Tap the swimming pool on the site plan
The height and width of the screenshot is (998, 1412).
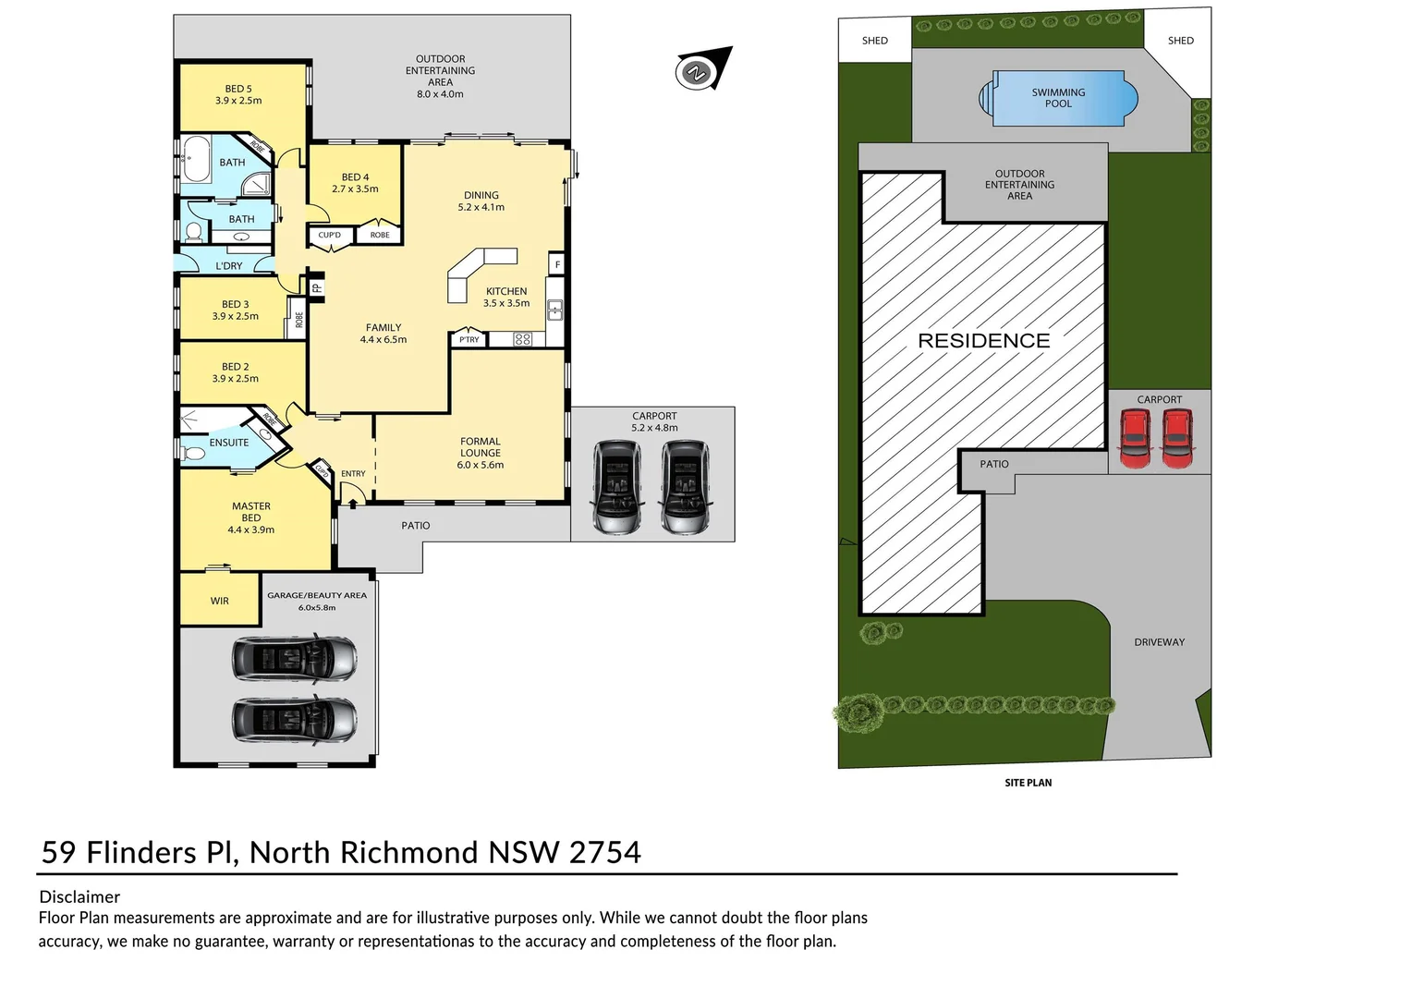click(x=1058, y=98)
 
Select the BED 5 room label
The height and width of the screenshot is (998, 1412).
click(x=238, y=94)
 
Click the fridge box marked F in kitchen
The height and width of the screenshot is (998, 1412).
click(x=557, y=264)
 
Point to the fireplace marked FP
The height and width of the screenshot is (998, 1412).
click(x=316, y=287)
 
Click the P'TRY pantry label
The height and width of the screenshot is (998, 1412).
click(x=469, y=339)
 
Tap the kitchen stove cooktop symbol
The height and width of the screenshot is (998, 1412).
click(x=522, y=339)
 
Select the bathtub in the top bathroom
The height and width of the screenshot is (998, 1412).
click(x=196, y=159)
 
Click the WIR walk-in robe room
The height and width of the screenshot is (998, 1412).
click(x=220, y=601)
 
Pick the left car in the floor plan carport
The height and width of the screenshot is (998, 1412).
click(x=616, y=486)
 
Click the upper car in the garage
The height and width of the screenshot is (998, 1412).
click(x=294, y=658)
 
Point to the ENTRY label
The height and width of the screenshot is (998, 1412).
click(x=353, y=474)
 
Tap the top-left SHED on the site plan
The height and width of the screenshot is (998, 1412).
click(x=874, y=41)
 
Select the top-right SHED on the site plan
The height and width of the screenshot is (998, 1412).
click(x=1180, y=41)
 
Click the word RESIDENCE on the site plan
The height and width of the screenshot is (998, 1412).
click(x=983, y=341)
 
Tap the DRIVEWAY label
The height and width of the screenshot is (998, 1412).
click(x=1159, y=642)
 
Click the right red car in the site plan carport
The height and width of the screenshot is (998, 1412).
click(x=1177, y=438)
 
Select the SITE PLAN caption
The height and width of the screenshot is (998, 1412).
click(x=1028, y=783)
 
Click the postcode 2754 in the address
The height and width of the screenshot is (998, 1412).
click(x=604, y=852)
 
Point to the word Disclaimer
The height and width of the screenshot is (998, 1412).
click(x=79, y=896)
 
